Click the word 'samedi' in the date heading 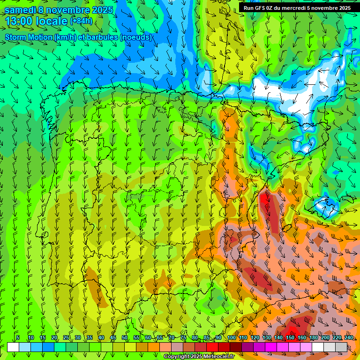pos(21,10)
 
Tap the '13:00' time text pos(18,21)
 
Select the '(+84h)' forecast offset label pos(82,21)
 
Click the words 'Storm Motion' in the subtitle pos(29,37)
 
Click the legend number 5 pos(18,337)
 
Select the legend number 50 pos(125,337)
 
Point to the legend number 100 pos(231,337)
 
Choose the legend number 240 pos(348,337)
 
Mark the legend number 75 pos(183,337)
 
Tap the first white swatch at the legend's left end pos(13,347)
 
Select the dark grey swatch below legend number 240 pos(341,347)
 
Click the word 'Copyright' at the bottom pos(177,357)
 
